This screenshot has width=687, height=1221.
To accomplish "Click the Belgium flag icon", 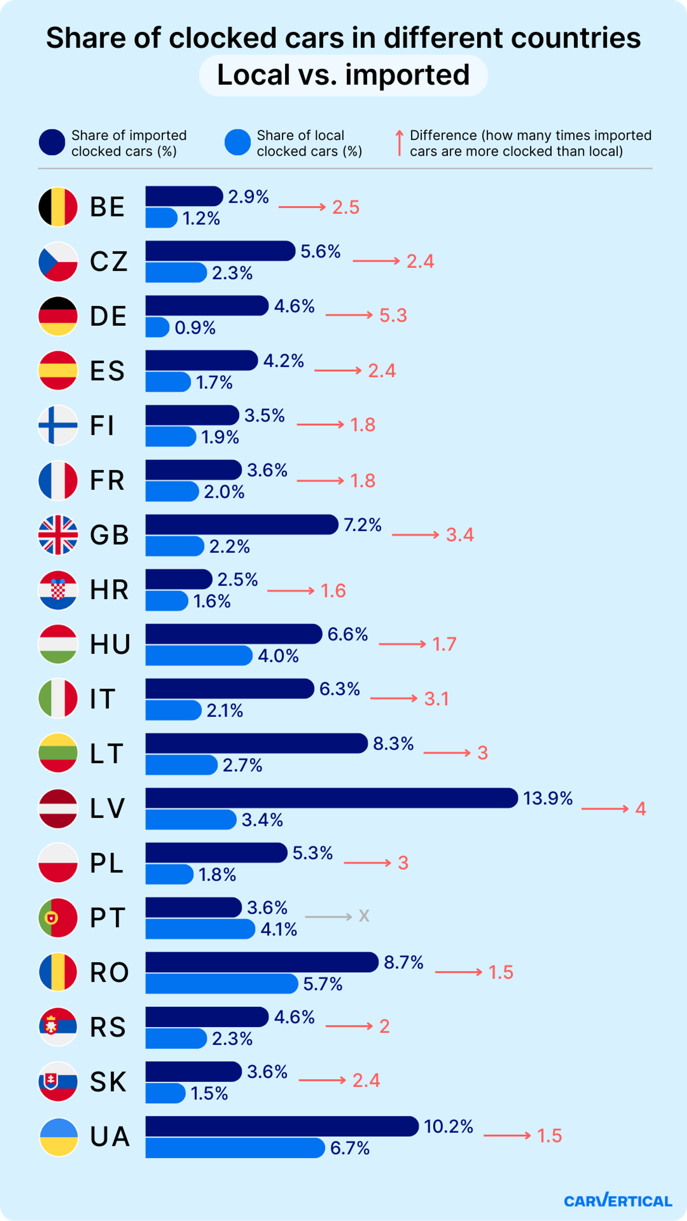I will pyautogui.click(x=58, y=207).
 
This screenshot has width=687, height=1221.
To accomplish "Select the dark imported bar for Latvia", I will pyautogui.click(x=331, y=798).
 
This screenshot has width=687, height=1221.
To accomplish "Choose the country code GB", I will pyautogui.click(x=109, y=535).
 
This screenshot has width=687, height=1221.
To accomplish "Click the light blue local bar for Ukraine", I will pyautogui.click(x=235, y=1148).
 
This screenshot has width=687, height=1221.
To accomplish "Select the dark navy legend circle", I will pyautogui.click(x=52, y=142).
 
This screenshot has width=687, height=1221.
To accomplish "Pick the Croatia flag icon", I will pyautogui.click(x=58, y=590).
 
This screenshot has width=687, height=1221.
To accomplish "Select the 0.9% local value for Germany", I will pyautogui.click(x=195, y=327).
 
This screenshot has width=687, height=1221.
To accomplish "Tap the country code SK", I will pyautogui.click(x=108, y=1082).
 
